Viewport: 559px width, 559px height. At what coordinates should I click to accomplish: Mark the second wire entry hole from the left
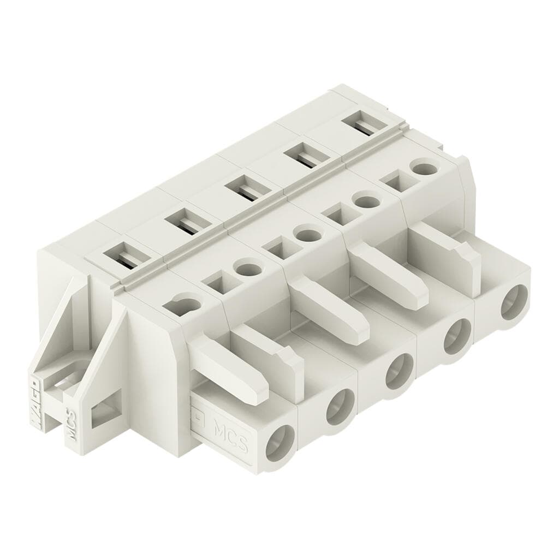click(340, 407)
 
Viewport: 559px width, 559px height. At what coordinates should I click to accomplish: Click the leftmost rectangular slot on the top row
click(121, 255)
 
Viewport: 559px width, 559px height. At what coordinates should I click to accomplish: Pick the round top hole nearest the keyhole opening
click(247, 269)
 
